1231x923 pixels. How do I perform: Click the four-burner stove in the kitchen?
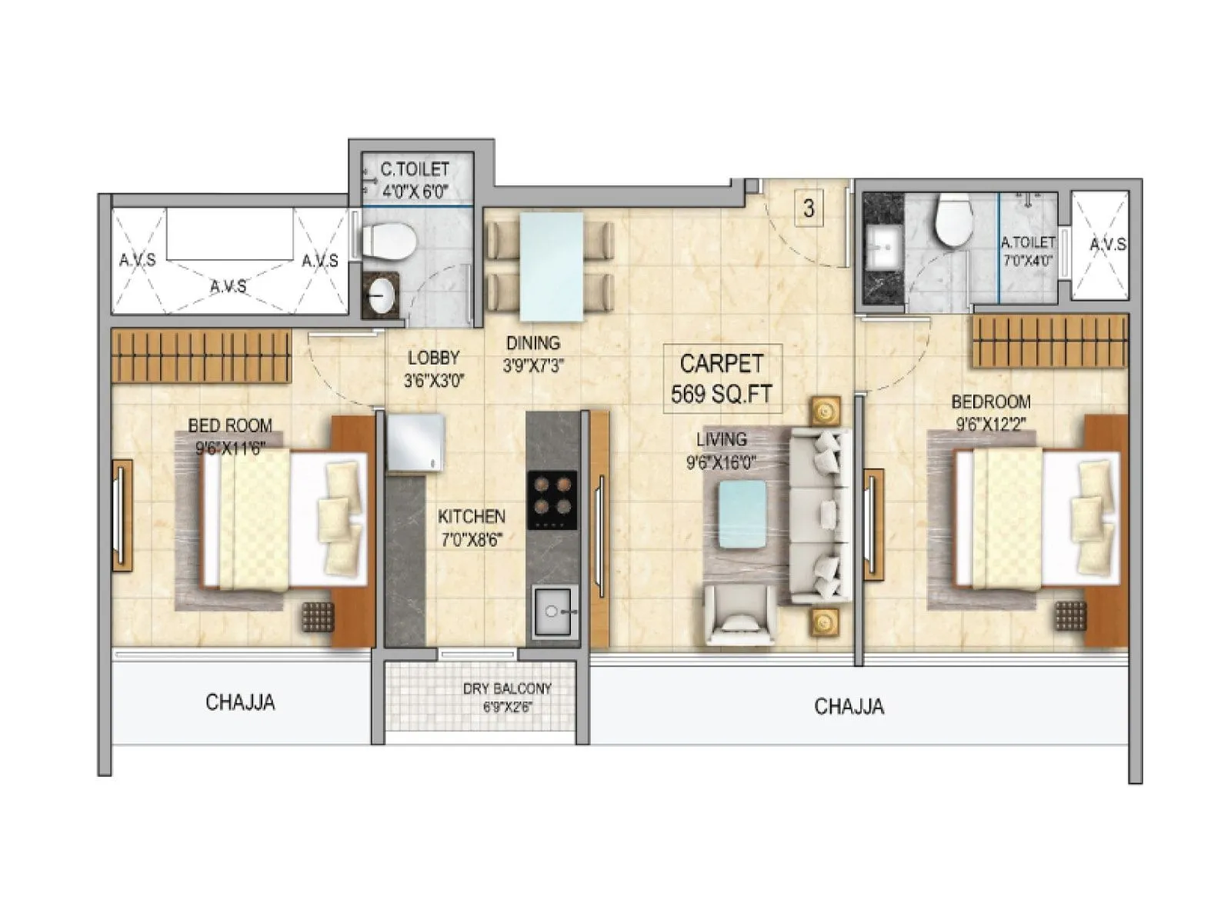552,499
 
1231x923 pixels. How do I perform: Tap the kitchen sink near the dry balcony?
553,611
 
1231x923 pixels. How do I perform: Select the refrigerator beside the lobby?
415,442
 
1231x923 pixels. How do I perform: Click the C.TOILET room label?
415,180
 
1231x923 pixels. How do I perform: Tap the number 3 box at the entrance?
809,208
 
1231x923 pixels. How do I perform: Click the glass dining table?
551,266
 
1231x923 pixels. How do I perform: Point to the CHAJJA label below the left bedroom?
240,702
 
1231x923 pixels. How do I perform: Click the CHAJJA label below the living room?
849,706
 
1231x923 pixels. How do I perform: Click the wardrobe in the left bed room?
201,355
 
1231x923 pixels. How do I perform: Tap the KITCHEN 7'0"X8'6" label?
472,528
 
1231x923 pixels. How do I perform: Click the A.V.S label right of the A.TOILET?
1107,245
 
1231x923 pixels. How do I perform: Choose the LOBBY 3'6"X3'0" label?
434,368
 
